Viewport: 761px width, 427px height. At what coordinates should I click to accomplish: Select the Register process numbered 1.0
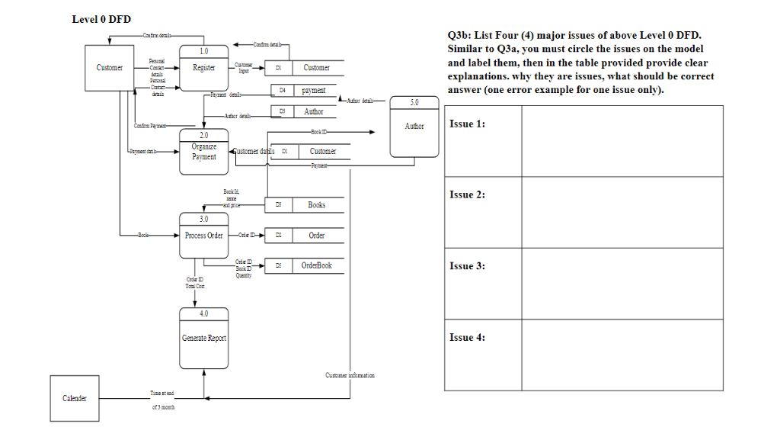pyautogui.click(x=203, y=68)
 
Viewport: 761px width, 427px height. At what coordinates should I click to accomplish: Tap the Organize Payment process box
pyautogui.click(x=203, y=151)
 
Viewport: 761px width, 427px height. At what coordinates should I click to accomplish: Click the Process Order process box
pyautogui.click(x=203, y=236)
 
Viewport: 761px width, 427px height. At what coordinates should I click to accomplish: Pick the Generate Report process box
pyautogui.click(x=203, y=338)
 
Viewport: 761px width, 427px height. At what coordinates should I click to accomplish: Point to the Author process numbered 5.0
pyautogui.click(x=414, y=127)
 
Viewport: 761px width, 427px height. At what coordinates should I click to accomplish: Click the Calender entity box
pyautogui.click(x=74, y=397)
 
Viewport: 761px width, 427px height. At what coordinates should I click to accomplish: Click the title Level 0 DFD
pyautogui.click(x=101, y=19)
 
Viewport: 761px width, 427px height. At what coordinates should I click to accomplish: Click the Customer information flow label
pyautogui.click(x=350, y=375)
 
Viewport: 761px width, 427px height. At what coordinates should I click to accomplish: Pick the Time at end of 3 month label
pyautogui.click(x=161, y=399)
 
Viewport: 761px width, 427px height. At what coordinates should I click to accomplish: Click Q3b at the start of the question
pyautogui.click(x=459, y=36)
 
